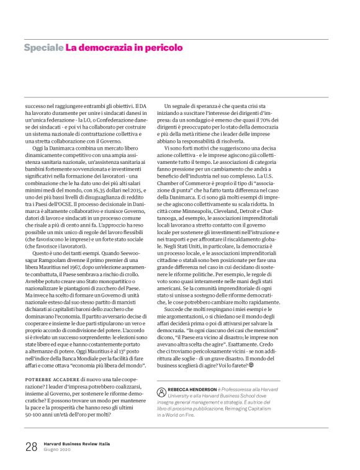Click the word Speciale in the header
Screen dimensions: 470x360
click(43, 47)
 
